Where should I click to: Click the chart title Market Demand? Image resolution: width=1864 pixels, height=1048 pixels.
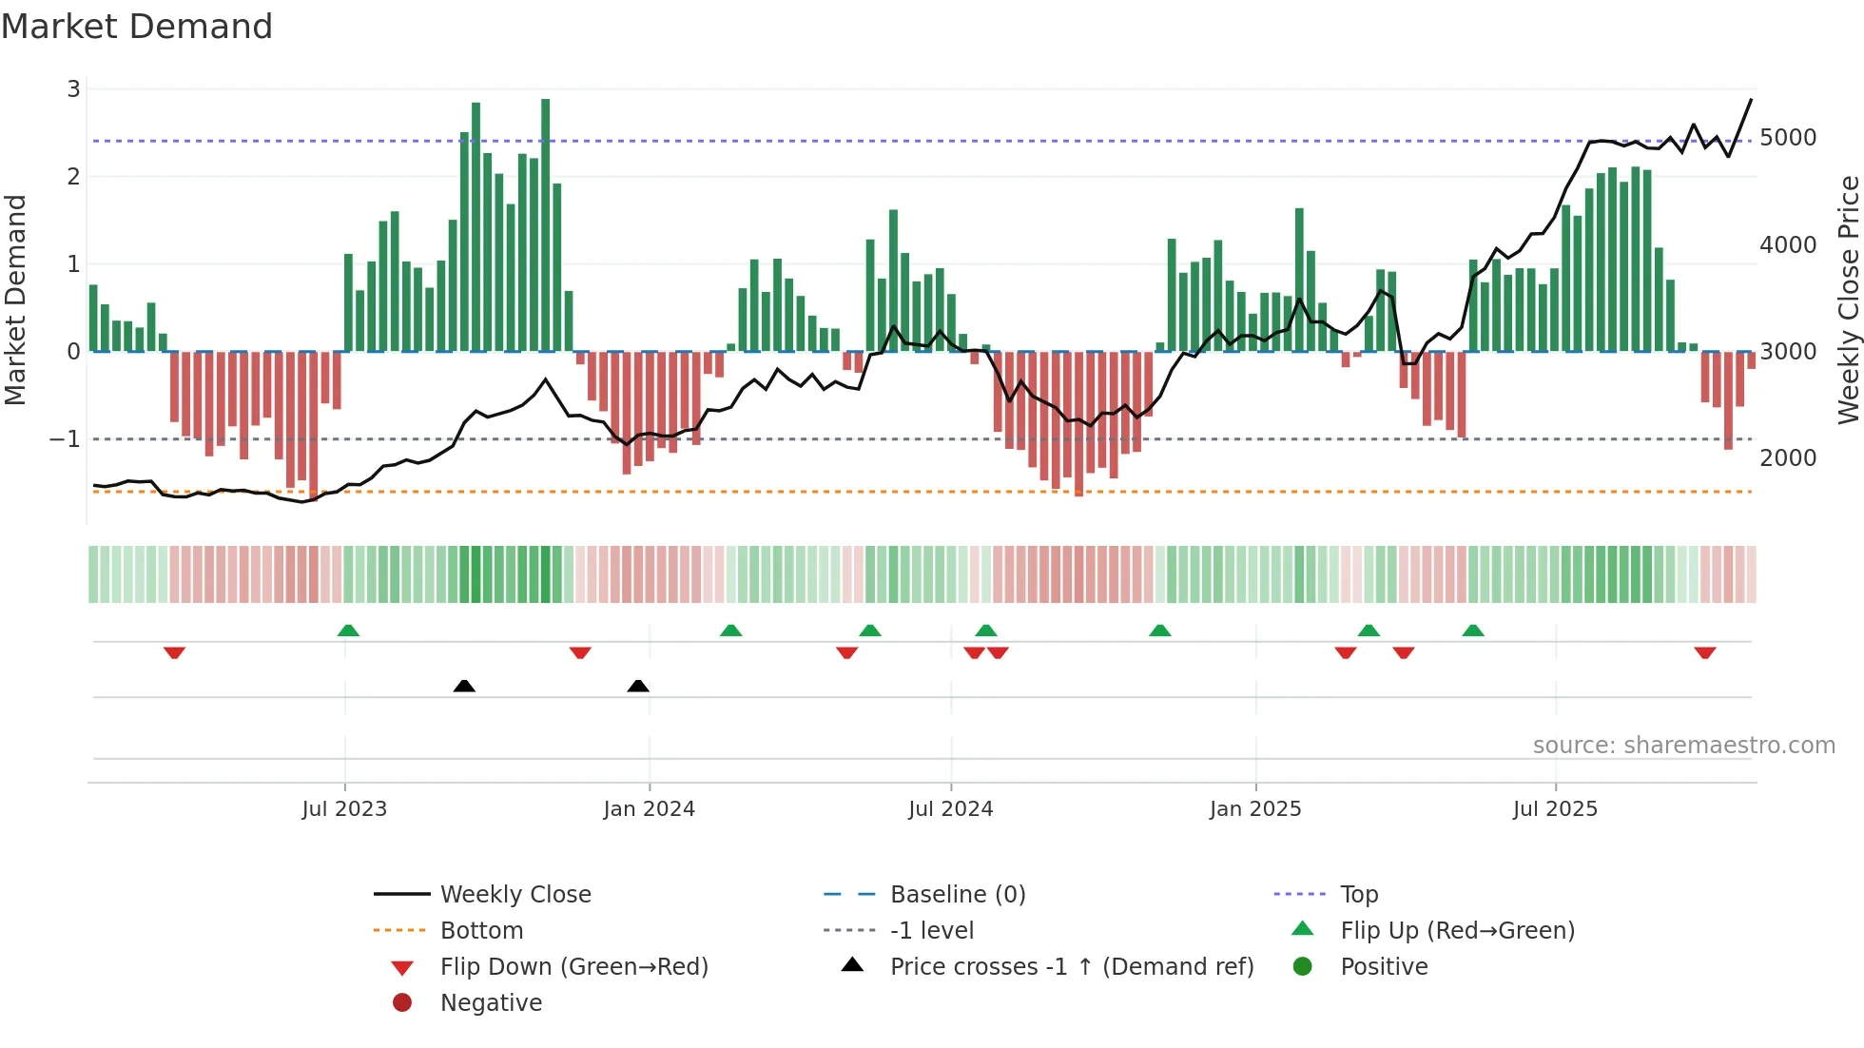coord(137,27)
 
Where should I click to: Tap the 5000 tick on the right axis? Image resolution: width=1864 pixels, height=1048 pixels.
coord(1787,138)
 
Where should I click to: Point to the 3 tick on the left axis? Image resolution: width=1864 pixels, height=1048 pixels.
coord(73,89)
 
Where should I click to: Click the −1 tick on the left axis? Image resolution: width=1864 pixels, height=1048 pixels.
coord(65,439)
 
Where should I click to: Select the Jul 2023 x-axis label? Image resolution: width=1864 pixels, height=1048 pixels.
coord(344,809)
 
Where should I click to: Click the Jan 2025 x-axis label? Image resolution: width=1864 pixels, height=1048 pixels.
coord(1255,809)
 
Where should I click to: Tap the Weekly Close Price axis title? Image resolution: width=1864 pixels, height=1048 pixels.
coord(1848,300)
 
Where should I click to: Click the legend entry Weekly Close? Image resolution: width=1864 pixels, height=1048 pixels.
coord(515,895)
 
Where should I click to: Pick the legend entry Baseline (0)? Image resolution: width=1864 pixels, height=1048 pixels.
coord(958,895)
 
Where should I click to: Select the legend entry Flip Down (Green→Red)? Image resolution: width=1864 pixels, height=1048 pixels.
coord(573,967)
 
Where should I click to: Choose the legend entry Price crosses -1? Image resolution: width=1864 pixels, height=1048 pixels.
coord(1072,967)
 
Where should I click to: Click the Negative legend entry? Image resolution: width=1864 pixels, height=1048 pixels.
coord(491,1003)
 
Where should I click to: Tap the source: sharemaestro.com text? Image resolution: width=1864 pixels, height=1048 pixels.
coord(1683,746)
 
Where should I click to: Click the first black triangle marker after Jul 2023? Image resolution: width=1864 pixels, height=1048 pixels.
coord(464,686)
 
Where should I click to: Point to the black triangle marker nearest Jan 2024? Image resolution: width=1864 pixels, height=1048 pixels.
coord(638,686)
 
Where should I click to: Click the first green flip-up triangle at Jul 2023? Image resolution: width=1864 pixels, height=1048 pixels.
coord(348,631)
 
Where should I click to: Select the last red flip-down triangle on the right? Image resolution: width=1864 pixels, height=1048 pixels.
coord(1704,652)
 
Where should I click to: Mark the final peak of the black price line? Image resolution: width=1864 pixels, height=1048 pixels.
coord(1751,99)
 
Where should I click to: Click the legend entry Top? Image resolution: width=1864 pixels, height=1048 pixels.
coord(1359,895)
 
